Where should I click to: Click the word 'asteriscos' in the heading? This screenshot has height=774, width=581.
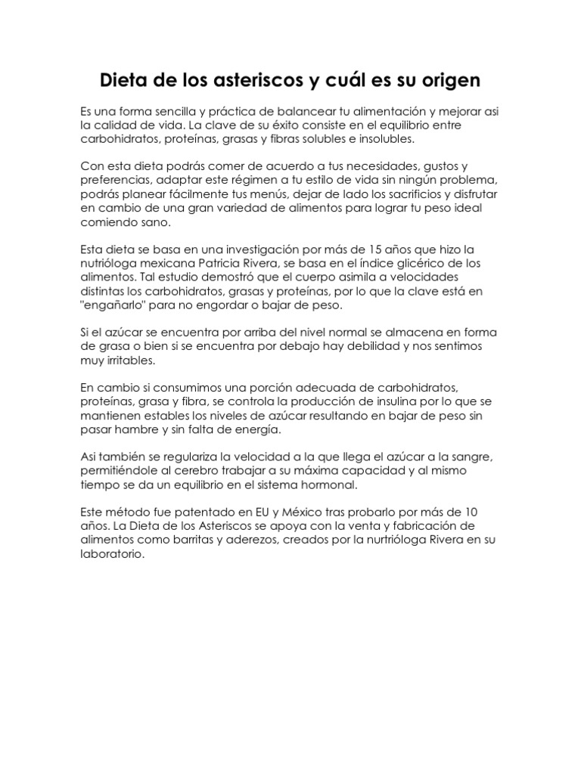[247, 80]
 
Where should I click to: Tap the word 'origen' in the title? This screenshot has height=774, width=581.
[448, 80]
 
